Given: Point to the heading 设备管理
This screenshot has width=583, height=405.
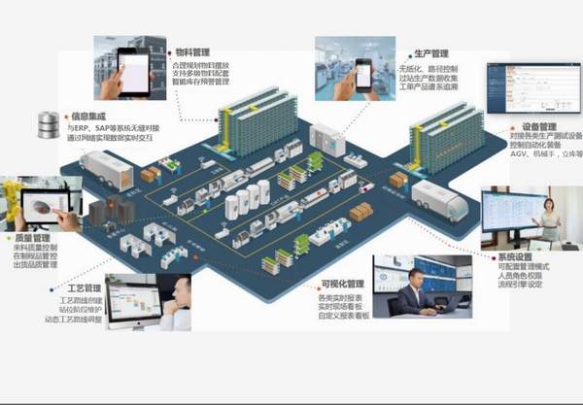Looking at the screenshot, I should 539,126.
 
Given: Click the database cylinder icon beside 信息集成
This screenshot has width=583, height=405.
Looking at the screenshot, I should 47,123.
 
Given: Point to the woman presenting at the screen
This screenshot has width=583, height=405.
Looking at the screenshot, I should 551,220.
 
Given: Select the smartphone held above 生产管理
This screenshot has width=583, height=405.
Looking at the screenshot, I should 361,72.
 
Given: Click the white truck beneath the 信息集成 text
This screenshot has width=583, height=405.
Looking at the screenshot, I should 106,170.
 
